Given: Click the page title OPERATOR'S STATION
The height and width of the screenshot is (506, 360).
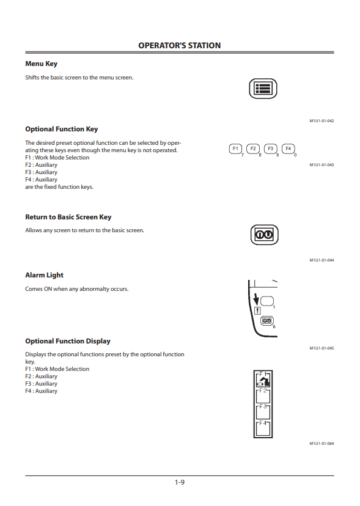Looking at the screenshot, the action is point(180,45).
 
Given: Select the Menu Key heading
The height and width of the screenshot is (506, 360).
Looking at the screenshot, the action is point(42,64).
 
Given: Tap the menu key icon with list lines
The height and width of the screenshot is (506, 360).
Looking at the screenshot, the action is point(263,89).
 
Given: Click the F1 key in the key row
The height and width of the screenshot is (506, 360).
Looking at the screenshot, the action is point(235,148).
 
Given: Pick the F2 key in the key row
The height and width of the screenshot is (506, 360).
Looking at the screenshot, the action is point(253,148).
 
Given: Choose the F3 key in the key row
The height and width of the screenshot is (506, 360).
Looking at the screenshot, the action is point(271,148).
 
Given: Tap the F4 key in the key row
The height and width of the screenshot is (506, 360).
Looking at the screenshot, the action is point(288,148).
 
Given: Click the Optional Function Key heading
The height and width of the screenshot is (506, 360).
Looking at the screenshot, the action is point(61,129).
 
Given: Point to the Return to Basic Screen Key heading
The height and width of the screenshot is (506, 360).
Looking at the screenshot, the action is point(68,217).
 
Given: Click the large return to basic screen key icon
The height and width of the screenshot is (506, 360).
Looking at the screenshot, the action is point(265,235).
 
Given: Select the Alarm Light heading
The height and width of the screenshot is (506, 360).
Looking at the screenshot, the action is point(44,275).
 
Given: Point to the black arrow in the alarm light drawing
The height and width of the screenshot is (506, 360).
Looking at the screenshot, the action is point(256,299).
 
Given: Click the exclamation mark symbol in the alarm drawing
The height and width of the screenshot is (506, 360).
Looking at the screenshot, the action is point(257,311).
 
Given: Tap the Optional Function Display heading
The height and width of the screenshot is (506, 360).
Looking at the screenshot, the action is point(68,341).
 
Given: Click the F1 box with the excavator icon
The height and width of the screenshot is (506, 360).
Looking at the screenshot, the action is point(263,380).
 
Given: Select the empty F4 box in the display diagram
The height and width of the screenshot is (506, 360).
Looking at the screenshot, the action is point(263,428).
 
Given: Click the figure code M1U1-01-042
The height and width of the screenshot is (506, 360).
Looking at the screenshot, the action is point(321,121).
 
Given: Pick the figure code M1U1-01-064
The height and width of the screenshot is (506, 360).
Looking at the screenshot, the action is point(321,444).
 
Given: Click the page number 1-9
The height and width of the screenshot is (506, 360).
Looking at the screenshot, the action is point(180,482).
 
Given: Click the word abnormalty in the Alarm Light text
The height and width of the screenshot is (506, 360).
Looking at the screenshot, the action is point(94,289).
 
